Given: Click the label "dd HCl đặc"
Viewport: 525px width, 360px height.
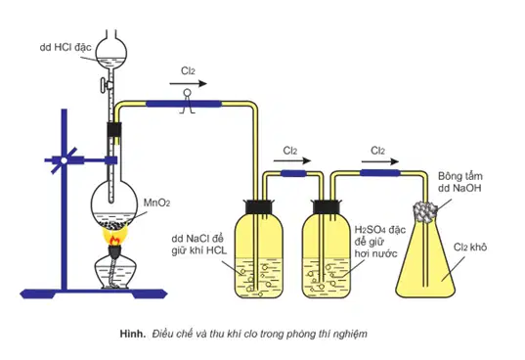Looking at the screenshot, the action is tap(66, 47).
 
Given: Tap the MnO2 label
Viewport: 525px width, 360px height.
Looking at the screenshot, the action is tap(156, 202).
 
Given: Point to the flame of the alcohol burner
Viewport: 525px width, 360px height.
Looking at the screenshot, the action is tap(114, 238).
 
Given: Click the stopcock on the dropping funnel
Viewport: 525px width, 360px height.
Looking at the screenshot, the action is tap(106, 85).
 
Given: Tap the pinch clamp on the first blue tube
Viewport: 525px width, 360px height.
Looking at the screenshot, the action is tap(187, 102).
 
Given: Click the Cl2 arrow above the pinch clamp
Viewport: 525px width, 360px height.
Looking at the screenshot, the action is tap(188, 84).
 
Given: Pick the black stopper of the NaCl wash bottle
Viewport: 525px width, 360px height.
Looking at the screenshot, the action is tap(259, 207).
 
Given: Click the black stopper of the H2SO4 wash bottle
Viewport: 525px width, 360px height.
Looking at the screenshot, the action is tap(327, 207).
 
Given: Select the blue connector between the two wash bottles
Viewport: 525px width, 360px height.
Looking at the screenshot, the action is tap(293, 173).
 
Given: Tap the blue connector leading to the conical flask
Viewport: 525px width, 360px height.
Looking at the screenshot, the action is tap(380, 173).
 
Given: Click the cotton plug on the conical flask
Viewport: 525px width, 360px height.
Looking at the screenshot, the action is tap(425, 211).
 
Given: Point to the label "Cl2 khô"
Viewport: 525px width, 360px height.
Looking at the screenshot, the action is tap(470, 247).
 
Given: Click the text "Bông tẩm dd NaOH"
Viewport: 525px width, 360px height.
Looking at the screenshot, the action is tap(460, 182).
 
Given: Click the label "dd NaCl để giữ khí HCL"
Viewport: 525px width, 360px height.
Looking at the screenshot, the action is tap(198, 245).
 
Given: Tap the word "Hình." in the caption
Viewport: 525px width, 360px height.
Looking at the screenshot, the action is tap(133, 334).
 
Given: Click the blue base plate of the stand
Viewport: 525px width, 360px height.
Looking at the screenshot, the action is tap(94, 294).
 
